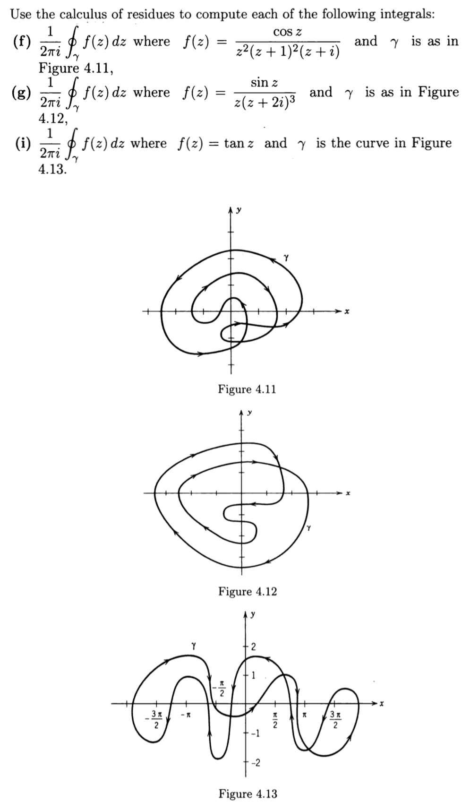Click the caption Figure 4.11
click(x=247, y=389)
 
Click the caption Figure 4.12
click(x=247, y=591)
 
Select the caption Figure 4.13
click(x=248, y=794)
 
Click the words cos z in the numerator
click(x=287, y=32)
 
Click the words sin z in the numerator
click(x=264, y=83)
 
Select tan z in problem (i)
click(x=239, y=143)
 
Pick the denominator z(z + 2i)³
click(x=264, y=102)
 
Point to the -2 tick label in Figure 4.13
click(x=255, y=763)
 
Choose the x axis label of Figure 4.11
click(x=346, y=312)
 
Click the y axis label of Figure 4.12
click(x=250, y=413)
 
